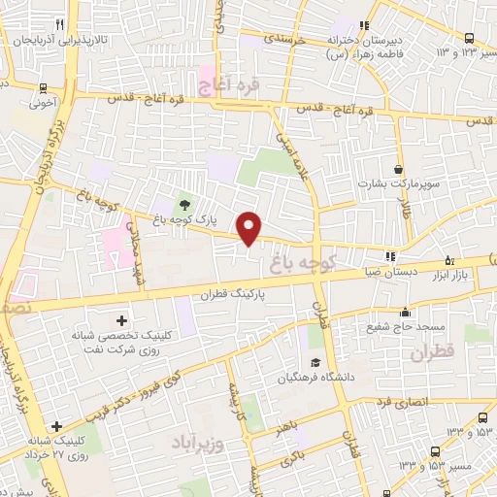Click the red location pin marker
click(x=250, y=227)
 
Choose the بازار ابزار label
click(x=471, y=275)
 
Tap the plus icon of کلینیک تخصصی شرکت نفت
click(x=120, y=320)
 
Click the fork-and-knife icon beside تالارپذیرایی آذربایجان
click(x=60, y=24)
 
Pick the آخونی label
click(x=44, y=100)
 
